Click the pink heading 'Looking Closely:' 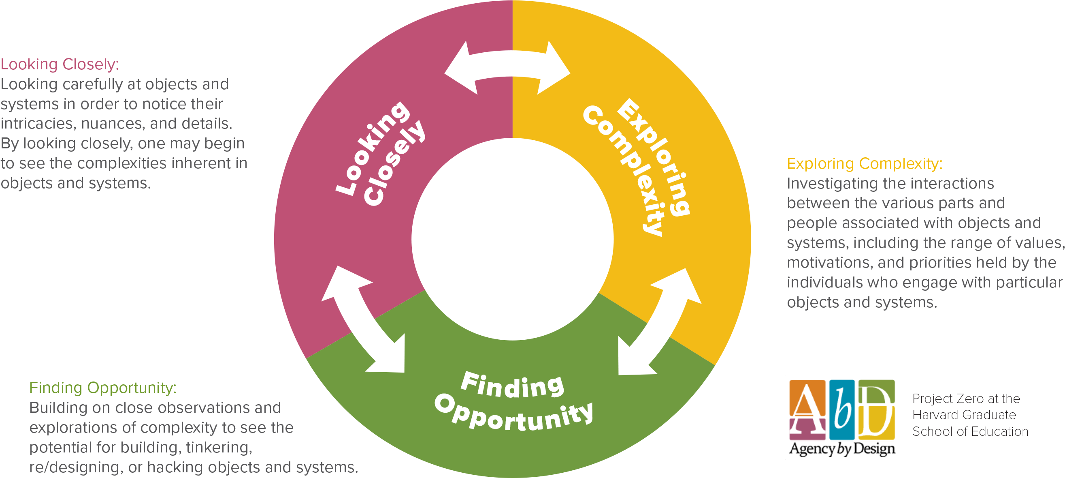pyautogui.click(x=60, y=64)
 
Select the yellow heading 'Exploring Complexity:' pyautogui.click(x=865, y=163)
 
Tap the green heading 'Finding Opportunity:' pyautogui.click(x=102, y=388)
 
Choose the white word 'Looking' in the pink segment pyautogui.click(x=373, y=147)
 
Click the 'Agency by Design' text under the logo pyautogui.click(x=842, y=449)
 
